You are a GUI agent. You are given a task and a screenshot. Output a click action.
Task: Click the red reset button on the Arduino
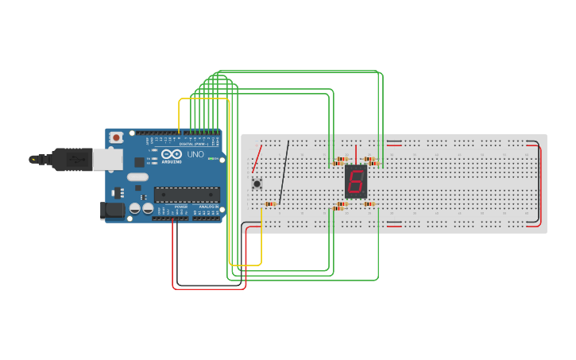click(x=117, y=137)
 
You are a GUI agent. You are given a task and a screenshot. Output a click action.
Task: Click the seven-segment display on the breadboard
click(x=356, y=182)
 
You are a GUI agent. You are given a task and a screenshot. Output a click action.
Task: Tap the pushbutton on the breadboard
click(x=257, y=184)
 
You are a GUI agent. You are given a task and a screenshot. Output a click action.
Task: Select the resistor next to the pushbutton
click(x=270, y=204)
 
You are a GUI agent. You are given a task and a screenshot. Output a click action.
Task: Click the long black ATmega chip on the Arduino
click(x=187, y=194)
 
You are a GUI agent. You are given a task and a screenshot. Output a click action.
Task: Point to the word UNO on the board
click(x=195, y=154)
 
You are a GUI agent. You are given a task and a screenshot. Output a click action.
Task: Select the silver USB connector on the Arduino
click(x=106, y=160)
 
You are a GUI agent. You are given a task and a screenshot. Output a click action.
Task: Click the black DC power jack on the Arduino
click(x=114, y=210)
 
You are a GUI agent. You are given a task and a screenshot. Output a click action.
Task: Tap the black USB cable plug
click(x=72, y=160)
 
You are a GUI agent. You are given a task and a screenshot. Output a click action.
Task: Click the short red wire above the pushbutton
click(x=257, y=159)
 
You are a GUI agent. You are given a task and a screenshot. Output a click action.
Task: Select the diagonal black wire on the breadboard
click(x=284, y=172)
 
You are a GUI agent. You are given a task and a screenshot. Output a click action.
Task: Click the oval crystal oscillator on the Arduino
click(x=137, y=177)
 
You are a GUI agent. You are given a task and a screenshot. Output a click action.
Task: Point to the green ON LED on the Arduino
click(x=212, y=159)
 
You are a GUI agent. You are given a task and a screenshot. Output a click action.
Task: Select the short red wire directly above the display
click(x=356, y=154)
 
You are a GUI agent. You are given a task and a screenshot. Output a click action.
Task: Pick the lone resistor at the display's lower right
click(x=369, y=204)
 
